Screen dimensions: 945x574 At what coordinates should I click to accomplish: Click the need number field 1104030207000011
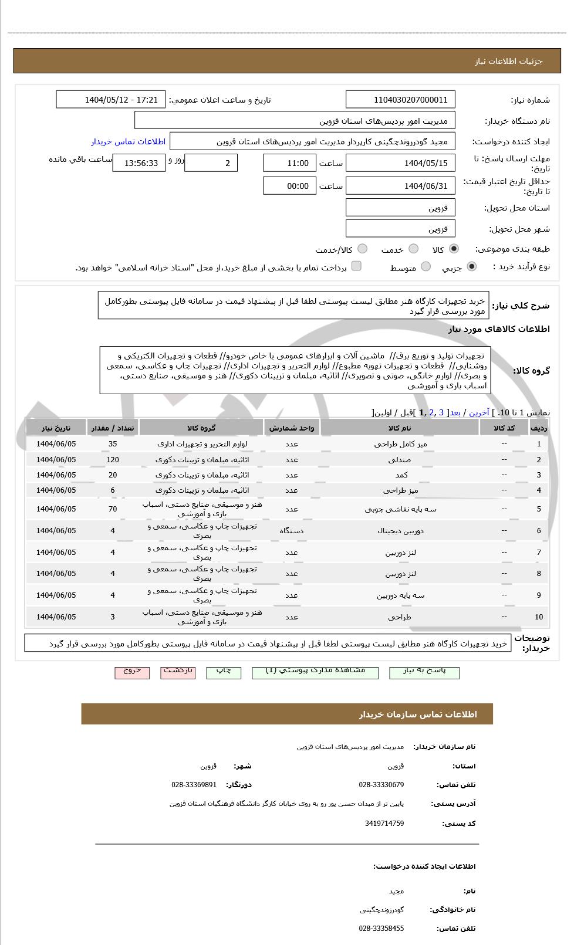tap(401, 100)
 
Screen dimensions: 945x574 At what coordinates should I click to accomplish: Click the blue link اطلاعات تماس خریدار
tap(128, 141)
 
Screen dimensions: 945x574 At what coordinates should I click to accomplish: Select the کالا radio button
tap(454, 249)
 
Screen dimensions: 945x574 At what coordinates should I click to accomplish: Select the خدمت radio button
tap(413, 249)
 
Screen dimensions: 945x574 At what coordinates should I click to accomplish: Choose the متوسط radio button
tap(426, 267)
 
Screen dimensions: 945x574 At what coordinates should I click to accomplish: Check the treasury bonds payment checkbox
tap(356, 266)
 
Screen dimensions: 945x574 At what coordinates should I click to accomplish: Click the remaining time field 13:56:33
tap(139, 163)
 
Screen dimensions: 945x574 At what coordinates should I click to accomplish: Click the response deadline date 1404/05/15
tap(401, 163)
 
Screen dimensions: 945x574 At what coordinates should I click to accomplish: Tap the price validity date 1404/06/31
tap(401, 186)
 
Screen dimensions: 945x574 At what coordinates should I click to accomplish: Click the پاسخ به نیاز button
tap(424, 672)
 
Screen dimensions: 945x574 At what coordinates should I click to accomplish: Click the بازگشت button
tap(178, 672)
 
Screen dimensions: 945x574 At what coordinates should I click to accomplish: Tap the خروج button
tap(132, 672)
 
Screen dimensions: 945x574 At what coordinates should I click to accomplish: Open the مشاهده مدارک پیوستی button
tap(315, 672)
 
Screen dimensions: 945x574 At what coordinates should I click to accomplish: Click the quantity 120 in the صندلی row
tap(113, 460)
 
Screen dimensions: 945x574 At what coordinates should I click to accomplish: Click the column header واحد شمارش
tap(292, 428)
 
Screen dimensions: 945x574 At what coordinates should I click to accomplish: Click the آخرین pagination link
tap(479, 412)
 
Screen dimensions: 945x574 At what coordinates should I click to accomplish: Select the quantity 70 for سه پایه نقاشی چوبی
tap(113, 509)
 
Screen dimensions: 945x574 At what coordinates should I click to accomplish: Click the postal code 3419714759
tap(384, 824)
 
